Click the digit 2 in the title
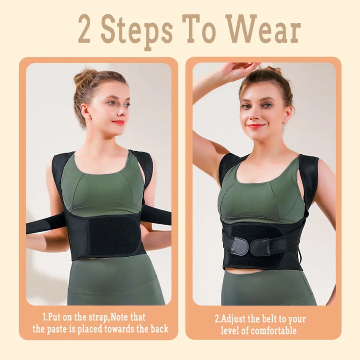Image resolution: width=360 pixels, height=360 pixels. tap(84, 29)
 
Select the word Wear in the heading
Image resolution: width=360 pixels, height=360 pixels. tap(263, 29)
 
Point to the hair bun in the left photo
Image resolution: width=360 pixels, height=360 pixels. tap(84, 76)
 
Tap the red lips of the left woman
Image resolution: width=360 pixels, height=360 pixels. tap(119, 122)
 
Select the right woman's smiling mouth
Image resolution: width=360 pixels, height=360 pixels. tap(256, 126)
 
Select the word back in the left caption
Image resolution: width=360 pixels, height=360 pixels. tap(160, 328)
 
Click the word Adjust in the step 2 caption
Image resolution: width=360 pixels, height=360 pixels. tap(232, 319)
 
